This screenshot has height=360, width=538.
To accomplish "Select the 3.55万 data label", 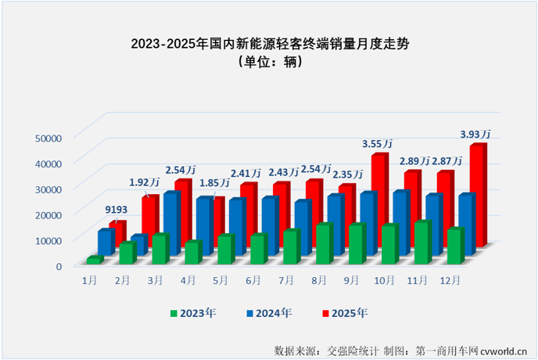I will click(376, 143).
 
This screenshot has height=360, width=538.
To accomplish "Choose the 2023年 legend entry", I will click(192, 313).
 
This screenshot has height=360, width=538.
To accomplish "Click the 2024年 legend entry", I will click(269, 313).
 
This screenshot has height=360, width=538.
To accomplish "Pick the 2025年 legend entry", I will click(345, 313).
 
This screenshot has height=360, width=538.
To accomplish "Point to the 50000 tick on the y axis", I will click(48, 138).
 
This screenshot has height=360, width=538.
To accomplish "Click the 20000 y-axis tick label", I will click(48, 214).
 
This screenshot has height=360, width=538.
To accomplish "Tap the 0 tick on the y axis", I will click(58, 266).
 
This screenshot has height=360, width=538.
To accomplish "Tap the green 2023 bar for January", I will click(94, 259).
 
